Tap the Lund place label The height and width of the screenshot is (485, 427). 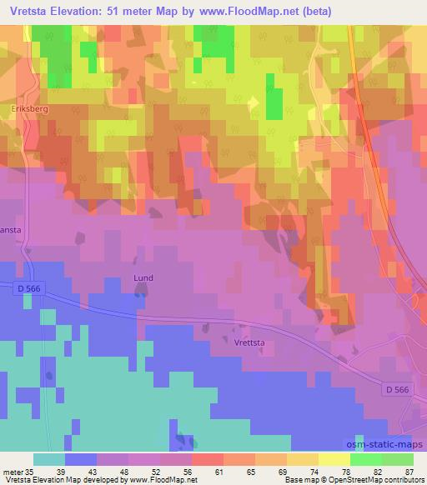(143, 278)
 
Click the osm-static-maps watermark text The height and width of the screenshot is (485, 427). (385, 444)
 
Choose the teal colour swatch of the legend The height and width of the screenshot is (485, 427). (49, 459)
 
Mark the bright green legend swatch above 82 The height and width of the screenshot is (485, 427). (366, 459)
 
